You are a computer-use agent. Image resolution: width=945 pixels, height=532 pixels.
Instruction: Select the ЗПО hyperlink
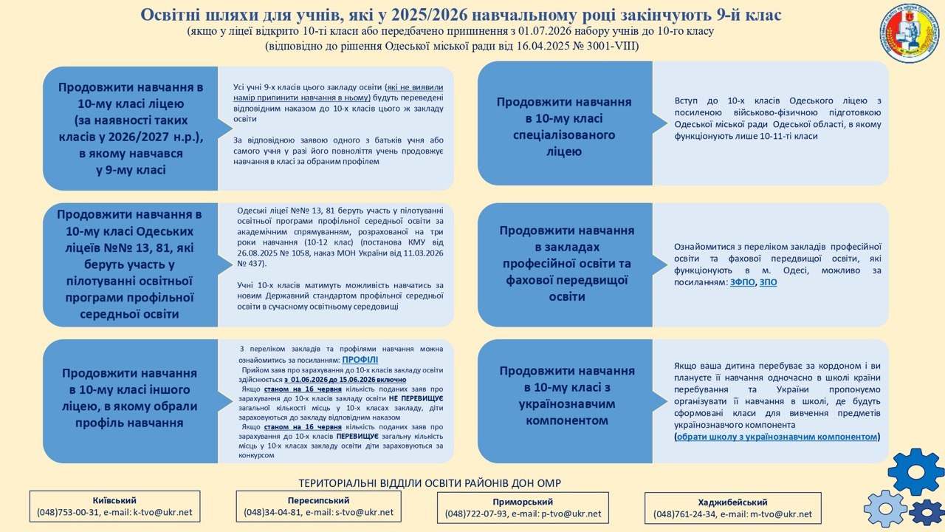(x=768, y=282)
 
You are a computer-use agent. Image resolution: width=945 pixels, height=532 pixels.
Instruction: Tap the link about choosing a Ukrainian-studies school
(x=777, y=437)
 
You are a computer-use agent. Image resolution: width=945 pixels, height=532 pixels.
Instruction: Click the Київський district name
(x=114, y=500)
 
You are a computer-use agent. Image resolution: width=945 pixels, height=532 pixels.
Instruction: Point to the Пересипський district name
(x=318, y=499)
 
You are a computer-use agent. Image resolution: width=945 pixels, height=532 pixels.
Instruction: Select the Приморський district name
(x=523, y=502)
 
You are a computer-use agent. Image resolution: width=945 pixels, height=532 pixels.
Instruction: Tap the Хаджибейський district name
(x=732, y=502)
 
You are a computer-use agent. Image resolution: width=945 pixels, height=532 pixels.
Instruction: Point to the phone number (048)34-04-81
(x=271, y=511)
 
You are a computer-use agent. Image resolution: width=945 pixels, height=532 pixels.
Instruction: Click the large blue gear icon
(x=915, y=471)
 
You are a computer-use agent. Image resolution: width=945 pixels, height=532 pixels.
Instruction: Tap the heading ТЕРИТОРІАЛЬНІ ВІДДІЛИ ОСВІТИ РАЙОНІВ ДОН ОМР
(x=429, y=483)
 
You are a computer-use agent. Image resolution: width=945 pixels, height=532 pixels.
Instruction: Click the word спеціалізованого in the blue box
(x=564, y=134)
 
